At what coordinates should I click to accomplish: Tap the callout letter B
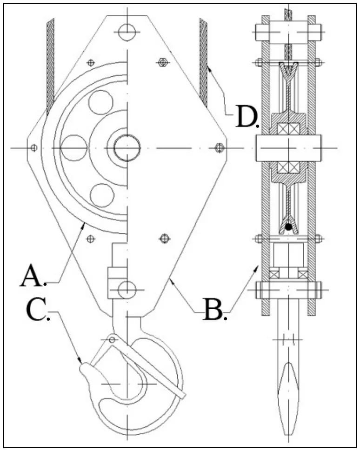click(x=213, y=309)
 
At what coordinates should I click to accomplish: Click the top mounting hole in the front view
click(x=127, y=31)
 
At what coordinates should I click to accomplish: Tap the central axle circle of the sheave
click(x=127, y=148)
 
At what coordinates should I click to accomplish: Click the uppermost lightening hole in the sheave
click(x=101, y=102)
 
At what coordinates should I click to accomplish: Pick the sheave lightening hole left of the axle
click(x=74, y=148)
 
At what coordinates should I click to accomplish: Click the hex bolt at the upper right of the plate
click(x=163, y=62)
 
